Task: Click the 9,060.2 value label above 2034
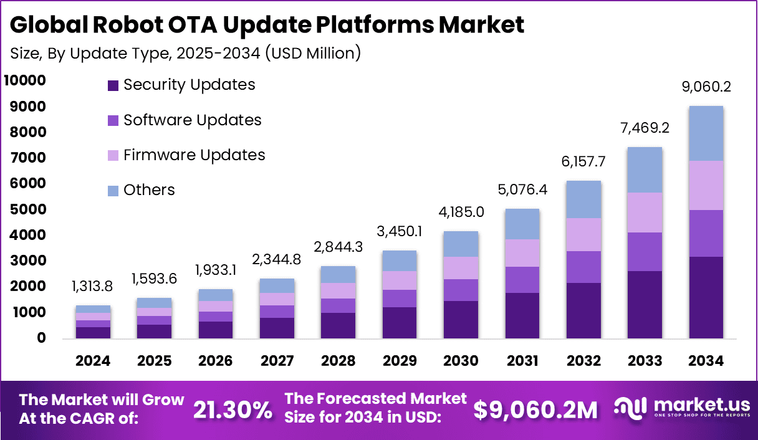706,87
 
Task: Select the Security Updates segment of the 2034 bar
706,297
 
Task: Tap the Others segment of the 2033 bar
645,170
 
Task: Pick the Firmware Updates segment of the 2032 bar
583,234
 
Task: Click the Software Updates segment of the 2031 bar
522,280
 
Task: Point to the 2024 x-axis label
94,361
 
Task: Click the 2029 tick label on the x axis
400,361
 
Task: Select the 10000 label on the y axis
24,80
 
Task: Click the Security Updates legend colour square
113,85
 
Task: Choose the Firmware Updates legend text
194,155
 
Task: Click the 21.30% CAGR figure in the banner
233,409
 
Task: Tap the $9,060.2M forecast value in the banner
535,409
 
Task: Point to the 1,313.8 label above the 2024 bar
94,287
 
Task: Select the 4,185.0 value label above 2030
461,213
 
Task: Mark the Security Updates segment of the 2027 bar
277,328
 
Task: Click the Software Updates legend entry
192,120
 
